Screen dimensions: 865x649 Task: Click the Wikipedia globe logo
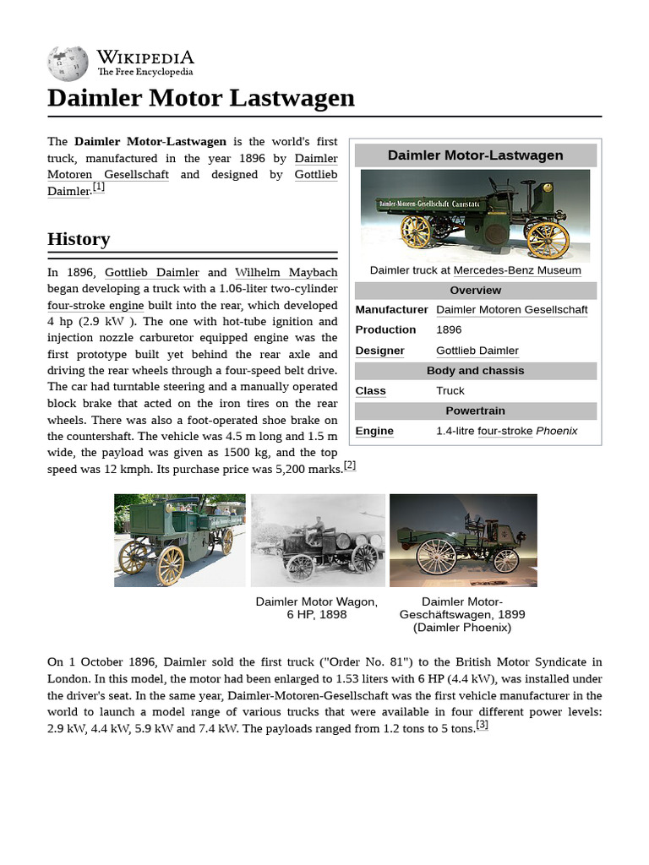[68, 64]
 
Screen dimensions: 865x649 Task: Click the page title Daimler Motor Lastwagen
[201, 98]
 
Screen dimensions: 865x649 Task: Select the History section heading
[79, 239]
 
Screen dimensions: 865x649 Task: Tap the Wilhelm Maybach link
[286, 272]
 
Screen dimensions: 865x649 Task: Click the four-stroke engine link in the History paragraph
[95, 305]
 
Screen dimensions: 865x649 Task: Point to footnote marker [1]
[99, 188]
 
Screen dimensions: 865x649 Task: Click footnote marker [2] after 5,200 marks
[349, 465]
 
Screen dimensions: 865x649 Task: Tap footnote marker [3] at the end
[482, 725]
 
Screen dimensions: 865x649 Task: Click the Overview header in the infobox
[475, 290]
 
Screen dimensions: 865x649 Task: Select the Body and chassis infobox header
[475, 371]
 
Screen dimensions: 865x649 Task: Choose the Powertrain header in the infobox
[475, 411]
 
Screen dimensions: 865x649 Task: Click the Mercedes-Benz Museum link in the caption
[517, 270]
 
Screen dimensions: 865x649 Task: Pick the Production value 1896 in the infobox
[450, 329]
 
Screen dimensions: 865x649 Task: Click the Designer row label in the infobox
[379, 351]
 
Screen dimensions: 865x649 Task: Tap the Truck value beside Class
[450, 391]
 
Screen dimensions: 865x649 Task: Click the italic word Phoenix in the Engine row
[557, 431]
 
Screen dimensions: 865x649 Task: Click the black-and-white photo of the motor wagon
[317, 541]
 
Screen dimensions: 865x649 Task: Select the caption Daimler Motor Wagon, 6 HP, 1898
[316, 608]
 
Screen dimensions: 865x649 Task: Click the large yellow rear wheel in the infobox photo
[548, 239]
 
